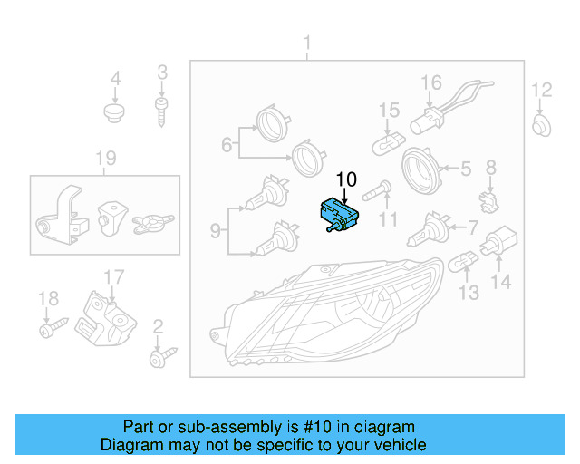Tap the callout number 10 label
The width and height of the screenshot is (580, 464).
pos(347,179)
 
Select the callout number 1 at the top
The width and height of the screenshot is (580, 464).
pos(307,43)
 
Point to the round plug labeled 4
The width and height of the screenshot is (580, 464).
pos(114,113)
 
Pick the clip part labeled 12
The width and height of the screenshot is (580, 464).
pos(540,124)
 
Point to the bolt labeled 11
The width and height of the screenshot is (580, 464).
pos(377,191)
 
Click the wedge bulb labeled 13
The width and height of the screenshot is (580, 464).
pos(465,263)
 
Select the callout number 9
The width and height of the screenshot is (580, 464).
pos(215,231)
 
